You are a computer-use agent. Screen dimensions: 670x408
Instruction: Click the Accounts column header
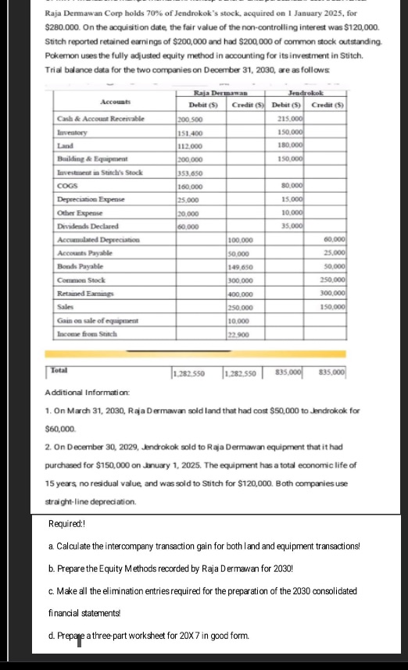coord(115,102)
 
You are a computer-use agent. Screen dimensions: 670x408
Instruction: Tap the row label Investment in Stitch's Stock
coord(100,172)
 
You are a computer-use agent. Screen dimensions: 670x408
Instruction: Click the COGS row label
coord(67,186)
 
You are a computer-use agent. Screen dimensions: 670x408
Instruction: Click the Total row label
coord(59,366)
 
